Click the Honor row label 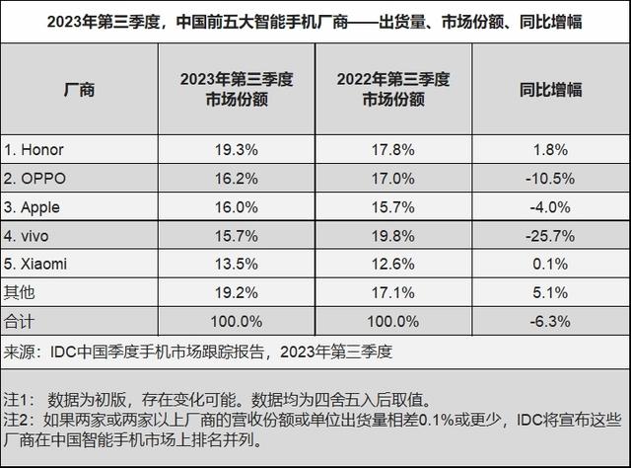coord(35,149)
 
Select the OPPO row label coord(37,178)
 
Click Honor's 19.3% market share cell coord(237,149)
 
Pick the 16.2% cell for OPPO coord(237,178)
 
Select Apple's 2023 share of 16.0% coord(237,206)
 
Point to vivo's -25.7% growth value coord(550,235)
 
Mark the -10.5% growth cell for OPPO coord(550,178)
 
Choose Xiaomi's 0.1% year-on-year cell coord(550,264)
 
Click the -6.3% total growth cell coord(550,321)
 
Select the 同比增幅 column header coord(550,90)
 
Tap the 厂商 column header coord(79,90)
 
